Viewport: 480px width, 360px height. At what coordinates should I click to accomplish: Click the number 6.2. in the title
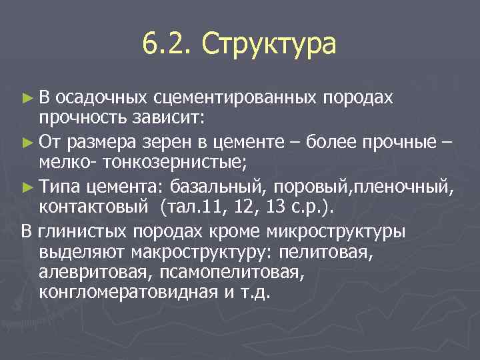pos(167,45)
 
